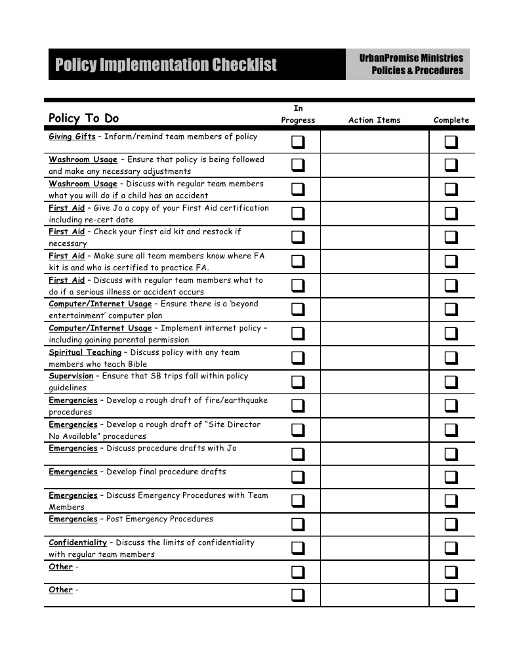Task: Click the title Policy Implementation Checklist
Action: (x=166, y=64)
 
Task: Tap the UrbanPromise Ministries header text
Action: (x=411, y=58)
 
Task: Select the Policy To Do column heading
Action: (x=84, y=118)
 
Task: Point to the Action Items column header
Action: (x=374, y=120)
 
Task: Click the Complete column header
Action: (x=451, y=120)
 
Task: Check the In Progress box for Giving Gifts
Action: (x=298, y=142)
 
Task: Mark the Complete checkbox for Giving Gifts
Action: (x=451, y=142)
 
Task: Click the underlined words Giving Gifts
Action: (x=72, y=136)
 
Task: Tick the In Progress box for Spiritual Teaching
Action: (x=298, y=357)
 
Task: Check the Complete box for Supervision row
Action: (x=451, y=382)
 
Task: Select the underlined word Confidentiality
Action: (x=77, y=542)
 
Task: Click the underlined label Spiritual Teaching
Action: (x=85, y=352)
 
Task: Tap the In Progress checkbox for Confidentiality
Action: (x=298, y=548)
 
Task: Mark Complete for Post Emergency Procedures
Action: (x=451, y=524)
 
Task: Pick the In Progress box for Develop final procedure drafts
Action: (x=298, y=477)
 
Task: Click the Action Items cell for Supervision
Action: (x=374, y=382)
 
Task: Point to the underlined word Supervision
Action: (x=71, y=376)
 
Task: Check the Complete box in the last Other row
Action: (x=451, y=596)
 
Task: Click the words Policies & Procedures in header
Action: (x=417, y=71)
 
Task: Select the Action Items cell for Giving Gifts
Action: (x=374, y=142)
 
